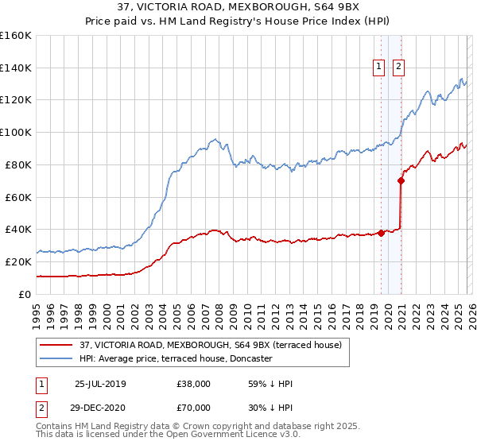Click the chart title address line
[238, 8]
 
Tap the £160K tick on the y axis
[16, 36]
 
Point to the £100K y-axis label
[16, 133]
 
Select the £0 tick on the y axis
[25, 294]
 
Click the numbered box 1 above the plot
[379, 68]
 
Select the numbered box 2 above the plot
[398, 68]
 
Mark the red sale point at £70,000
[401, 180]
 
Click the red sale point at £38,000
[381, 233]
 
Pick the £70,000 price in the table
[194, 406]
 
